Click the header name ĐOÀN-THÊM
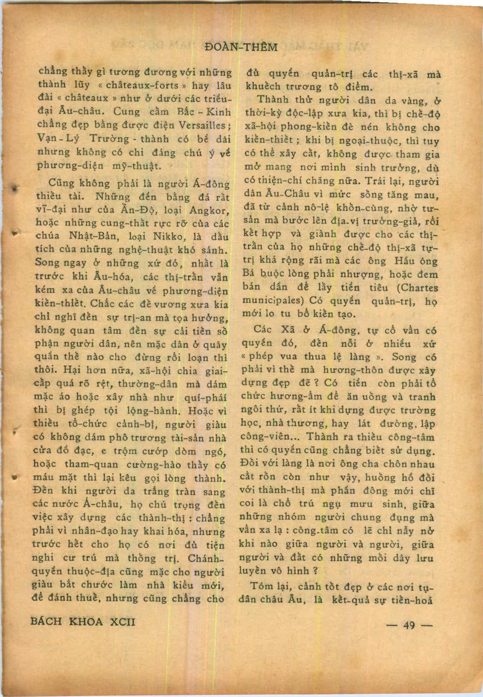tap(241, 47)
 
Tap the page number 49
tap(409, 625)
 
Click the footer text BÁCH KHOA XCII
tap(83, 622)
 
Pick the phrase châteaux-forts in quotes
tap(146, 85)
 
